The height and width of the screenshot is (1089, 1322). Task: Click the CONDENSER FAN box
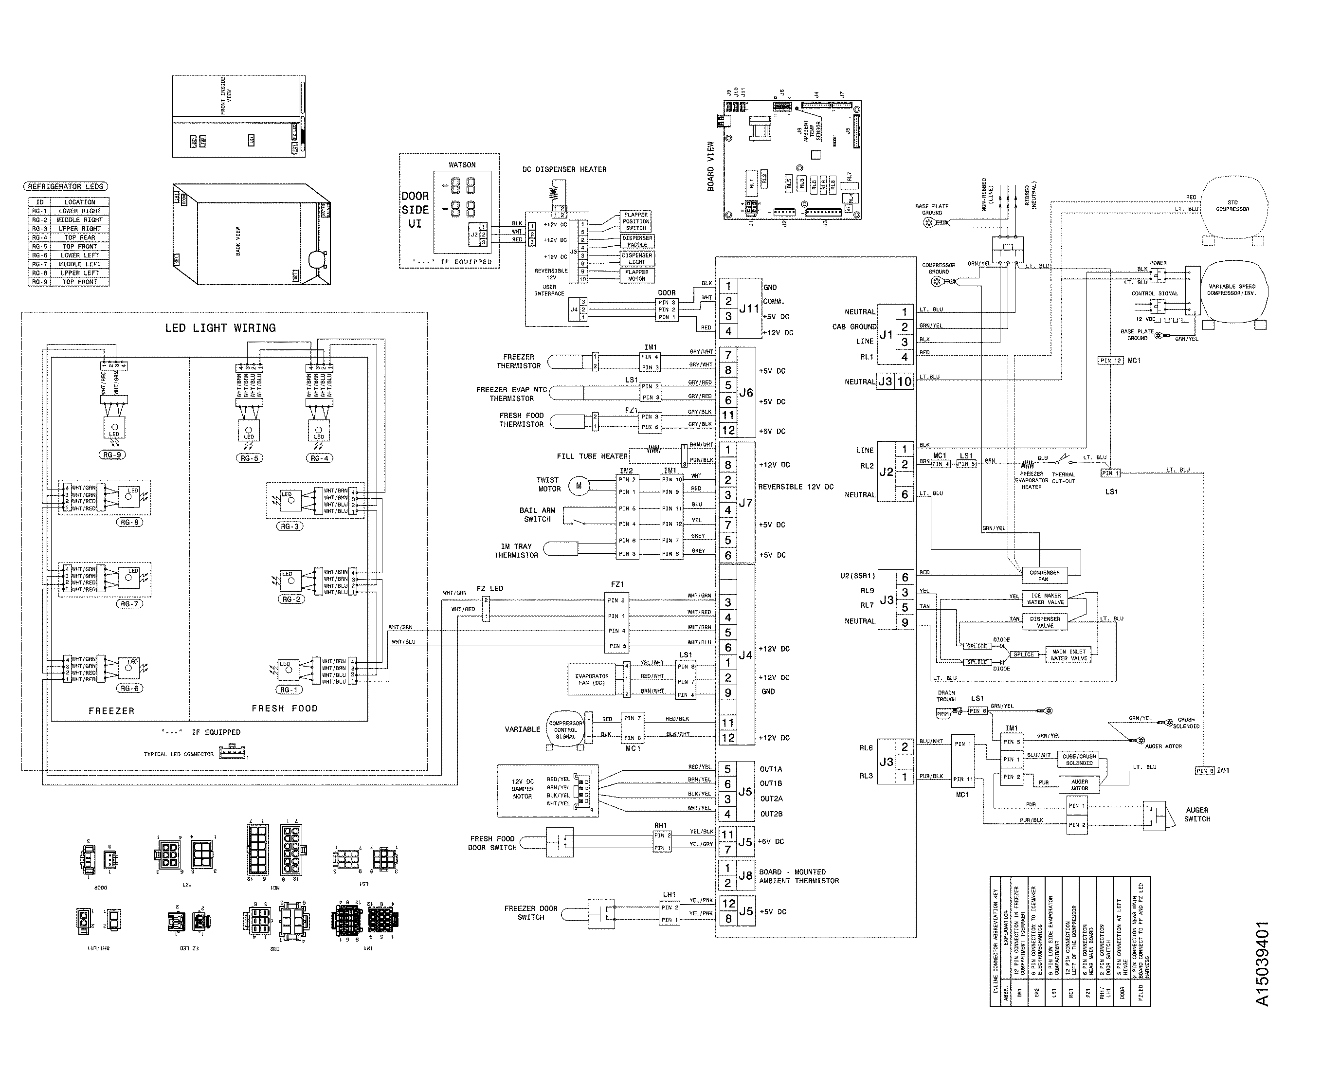[1044, 575]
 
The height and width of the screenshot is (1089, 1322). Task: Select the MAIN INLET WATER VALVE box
[1068, 655]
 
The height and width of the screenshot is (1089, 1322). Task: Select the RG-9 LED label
[112, 455]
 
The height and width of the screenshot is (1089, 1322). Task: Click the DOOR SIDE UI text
[415, 210]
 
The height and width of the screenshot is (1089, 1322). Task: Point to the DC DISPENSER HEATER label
[564, 169]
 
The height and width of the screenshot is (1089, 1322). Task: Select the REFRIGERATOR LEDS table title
[65, 186]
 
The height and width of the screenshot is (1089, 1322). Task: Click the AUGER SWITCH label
[1196, 814]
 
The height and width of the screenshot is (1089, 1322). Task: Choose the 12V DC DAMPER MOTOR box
[547, 790]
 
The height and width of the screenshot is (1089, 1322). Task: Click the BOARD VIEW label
[710, 166]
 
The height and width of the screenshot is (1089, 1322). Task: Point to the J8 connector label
[745, 876]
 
